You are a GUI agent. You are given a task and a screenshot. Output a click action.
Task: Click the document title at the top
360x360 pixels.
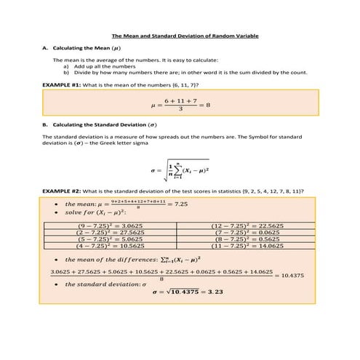185,36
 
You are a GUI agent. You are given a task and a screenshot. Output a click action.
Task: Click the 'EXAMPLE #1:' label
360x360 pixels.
62,84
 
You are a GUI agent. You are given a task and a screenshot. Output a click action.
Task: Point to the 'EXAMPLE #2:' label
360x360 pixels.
62,191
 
